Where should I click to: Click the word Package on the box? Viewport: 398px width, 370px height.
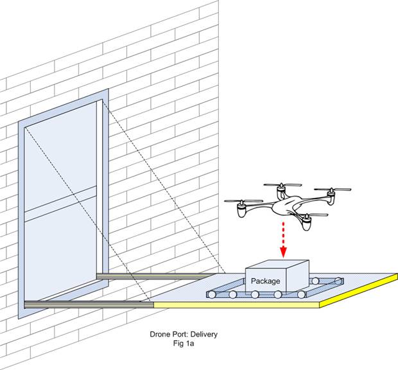coord(265,281)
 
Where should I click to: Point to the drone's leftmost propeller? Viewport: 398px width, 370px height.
coord(243,201)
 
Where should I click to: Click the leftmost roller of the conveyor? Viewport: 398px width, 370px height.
coord(211,295)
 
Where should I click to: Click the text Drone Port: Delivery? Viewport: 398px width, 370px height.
coord(171,335)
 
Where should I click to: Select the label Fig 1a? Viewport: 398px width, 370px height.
coord(171,344)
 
